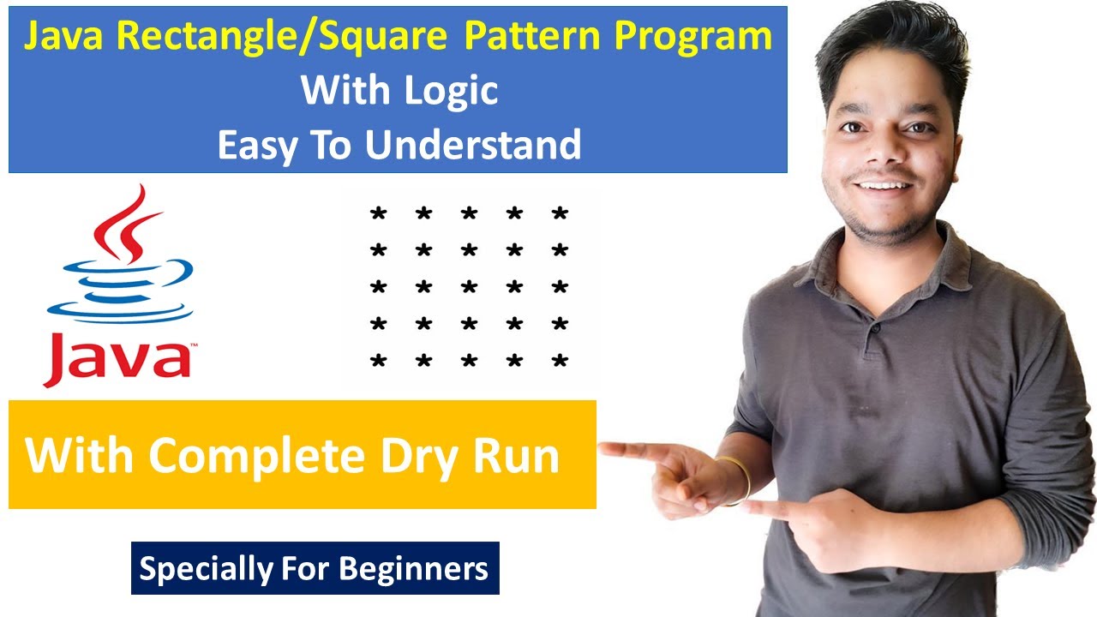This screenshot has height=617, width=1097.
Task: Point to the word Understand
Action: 473,145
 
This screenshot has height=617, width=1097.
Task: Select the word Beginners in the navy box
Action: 414,568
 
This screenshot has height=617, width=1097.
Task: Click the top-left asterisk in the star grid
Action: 377,214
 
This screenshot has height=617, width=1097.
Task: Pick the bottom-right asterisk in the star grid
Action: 560,362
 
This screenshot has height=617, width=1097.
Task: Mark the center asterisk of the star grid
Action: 469,288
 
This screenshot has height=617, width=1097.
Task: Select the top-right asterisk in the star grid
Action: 560,214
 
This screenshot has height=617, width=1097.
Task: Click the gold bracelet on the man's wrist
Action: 739,480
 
